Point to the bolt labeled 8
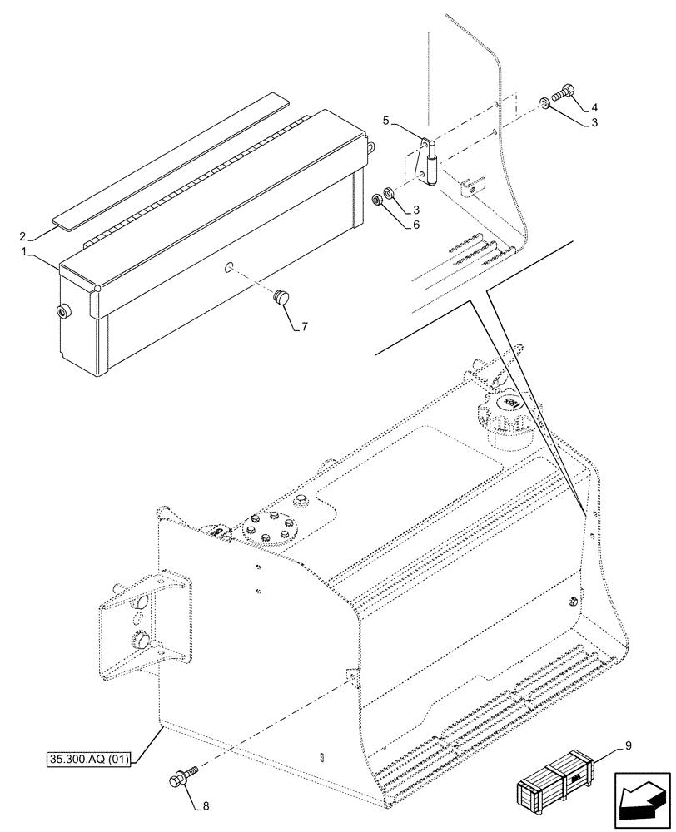179,778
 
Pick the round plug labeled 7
280,295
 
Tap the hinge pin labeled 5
432,161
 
